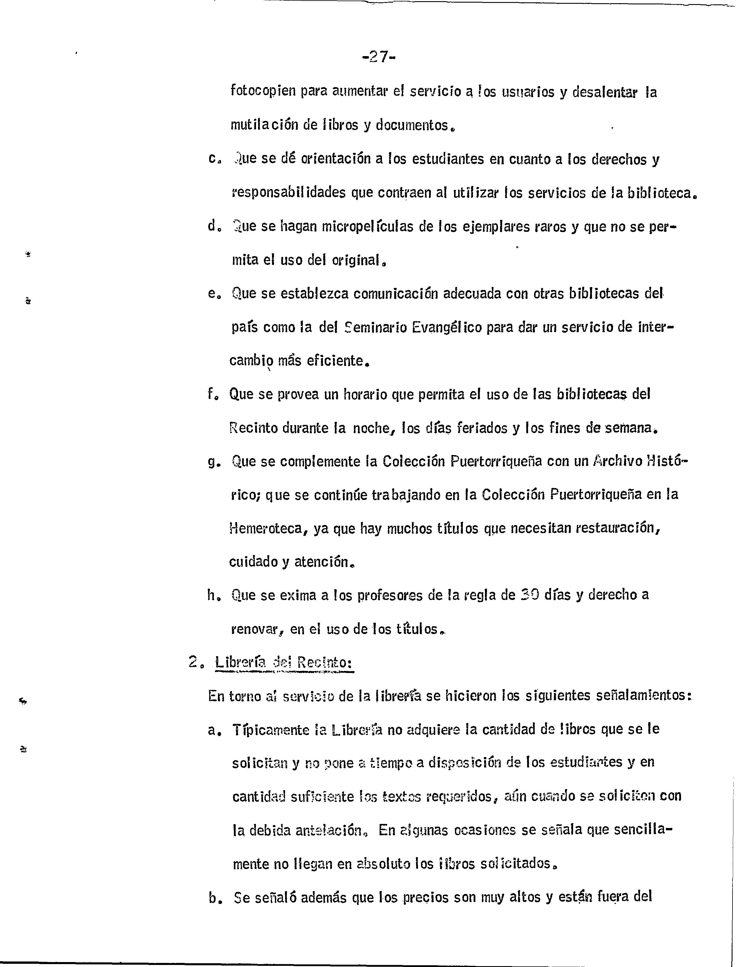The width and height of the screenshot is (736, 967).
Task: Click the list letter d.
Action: (212, 227)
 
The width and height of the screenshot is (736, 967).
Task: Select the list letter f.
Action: (211, 394)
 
